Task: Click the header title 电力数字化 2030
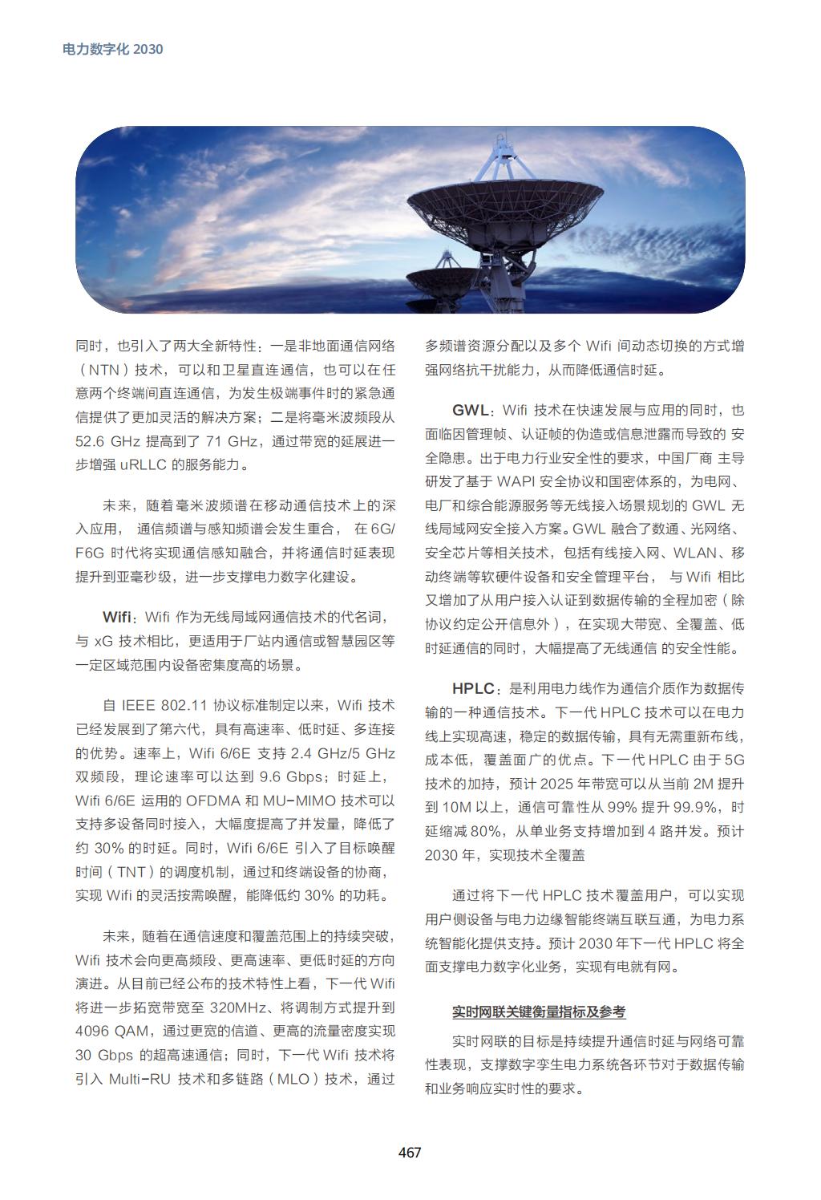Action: click(113, 49)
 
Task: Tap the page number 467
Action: click(410, 1153)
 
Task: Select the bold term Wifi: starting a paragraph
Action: click(117, 617)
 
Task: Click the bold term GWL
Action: click(470, 411)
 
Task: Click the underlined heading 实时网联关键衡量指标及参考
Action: click(538, 1011)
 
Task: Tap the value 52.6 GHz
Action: click(108, 441)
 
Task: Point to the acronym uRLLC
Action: click(144, 465)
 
